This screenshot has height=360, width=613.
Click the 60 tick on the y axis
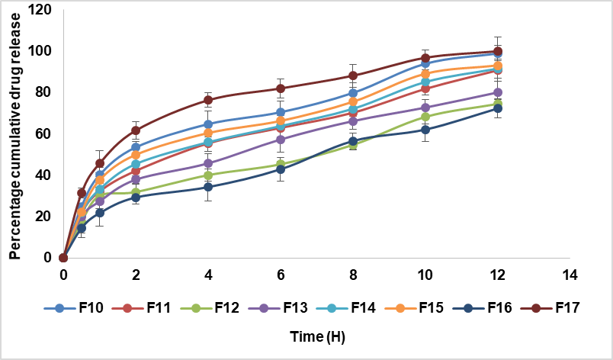[43, 133]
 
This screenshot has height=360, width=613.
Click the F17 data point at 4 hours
[209, 100]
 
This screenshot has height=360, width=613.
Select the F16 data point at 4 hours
[209, 187]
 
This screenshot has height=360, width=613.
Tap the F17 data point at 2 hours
[136, 130]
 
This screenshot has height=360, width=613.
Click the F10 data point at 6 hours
[281, 113]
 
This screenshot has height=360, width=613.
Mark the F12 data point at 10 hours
[425, 117]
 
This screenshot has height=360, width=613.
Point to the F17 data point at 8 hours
[353, 76]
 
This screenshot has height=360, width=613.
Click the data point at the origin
[64, 258]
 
